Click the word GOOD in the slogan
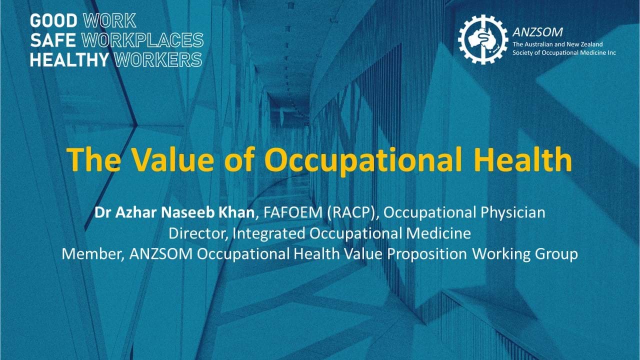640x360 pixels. [53, 21]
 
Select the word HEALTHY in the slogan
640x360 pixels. [69, 59]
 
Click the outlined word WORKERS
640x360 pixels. [158, 59]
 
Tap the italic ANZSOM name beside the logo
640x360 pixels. [537, 32]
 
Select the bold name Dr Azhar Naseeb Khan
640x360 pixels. [174, 212]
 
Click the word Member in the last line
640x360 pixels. [91, 253]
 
